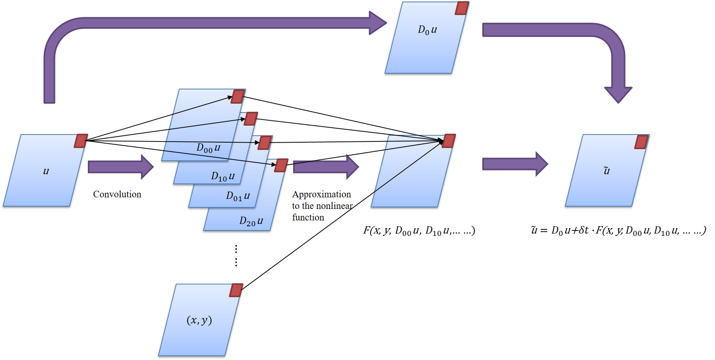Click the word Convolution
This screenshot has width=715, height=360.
[117, 194]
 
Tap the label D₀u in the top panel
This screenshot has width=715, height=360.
[427, 30]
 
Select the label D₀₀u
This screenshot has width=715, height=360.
[208, 148]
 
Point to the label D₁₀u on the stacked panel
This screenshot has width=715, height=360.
[223, 177]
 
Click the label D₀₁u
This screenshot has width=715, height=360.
[238, 196]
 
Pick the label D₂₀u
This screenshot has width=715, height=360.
[251, 221]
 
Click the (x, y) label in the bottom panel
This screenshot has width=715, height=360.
[199, 320]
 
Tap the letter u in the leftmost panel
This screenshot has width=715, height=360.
[46, 171]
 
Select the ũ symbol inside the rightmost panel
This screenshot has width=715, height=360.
[606, 170]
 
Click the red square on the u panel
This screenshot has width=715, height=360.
[81, 141]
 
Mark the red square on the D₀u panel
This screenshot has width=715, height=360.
[462, 8]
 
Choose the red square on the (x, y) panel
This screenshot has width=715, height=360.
[236, 290]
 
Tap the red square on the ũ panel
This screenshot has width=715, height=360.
[641, 142]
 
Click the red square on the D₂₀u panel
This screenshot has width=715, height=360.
[281, 165]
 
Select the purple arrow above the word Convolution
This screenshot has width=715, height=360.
[121, 167]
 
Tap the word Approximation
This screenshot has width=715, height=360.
[322, 194]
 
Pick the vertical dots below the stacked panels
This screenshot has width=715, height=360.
[236, 255]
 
